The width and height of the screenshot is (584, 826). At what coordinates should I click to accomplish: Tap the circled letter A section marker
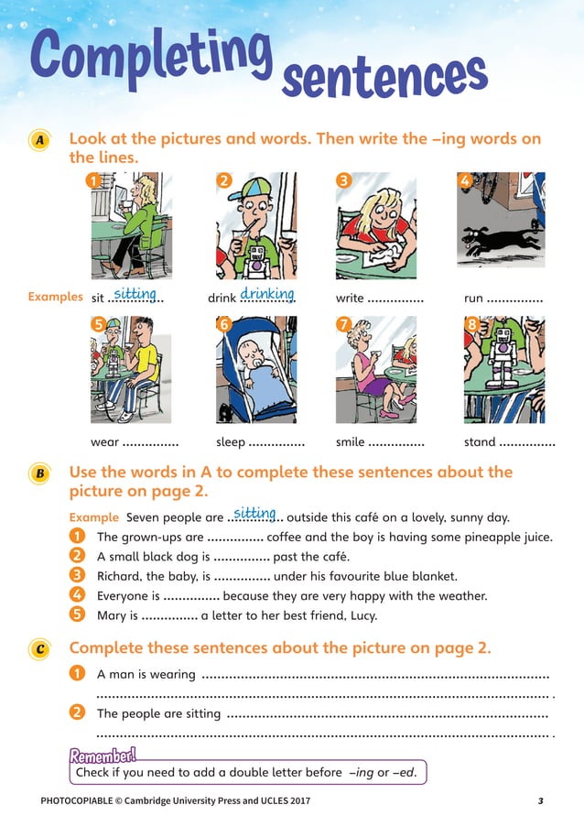point(38,142)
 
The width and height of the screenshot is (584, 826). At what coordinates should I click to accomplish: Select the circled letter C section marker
point(38,649)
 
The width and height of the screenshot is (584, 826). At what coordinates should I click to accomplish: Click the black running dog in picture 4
point(498,241)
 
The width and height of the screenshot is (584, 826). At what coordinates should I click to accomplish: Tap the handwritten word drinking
point(266,294)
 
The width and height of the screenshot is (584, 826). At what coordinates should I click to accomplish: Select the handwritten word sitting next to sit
point(136,294)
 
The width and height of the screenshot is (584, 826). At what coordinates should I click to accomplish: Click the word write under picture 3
point(350,299)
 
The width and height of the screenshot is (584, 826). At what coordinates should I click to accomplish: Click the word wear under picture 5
point(105,442)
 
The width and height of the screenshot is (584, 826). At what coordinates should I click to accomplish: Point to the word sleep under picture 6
point(231,442)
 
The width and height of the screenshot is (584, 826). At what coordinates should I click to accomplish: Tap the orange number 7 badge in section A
point(344,324)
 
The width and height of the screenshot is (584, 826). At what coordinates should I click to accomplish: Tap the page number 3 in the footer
point(541,801)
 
